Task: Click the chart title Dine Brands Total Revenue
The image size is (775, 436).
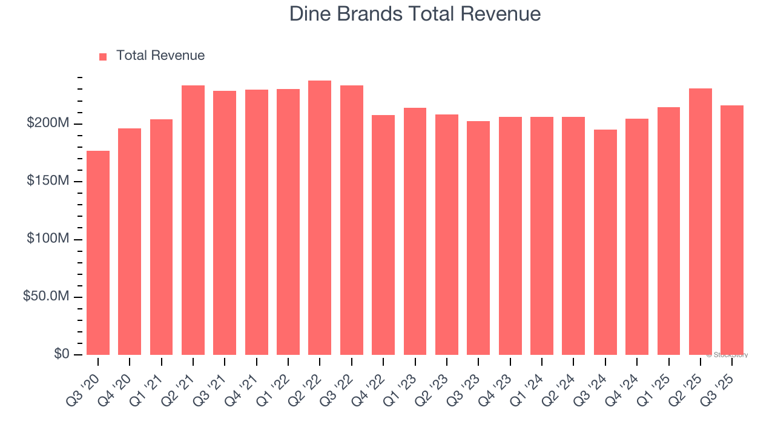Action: tap(415, 13)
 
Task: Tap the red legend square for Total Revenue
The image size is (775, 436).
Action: tap(103, 56)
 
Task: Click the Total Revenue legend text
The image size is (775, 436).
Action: tap(160, 56)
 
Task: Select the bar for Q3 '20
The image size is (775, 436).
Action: tap(98, 253)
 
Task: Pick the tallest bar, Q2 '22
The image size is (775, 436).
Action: tap(320, 217)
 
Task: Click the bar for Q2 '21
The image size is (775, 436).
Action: tap(193, 220)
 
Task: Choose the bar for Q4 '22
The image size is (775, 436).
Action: tap(383, 234)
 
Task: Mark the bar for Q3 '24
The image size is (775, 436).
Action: tap(605, 242)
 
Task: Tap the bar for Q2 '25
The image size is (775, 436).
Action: tap(700, 221)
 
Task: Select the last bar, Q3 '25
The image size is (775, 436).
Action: tap(732, 230)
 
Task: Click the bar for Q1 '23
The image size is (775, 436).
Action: tap(415, 231)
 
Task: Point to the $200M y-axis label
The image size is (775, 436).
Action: tap(48, 124)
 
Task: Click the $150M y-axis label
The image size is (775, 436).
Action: tap(48, 182)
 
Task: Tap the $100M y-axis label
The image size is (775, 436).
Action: tap(48, 239)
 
